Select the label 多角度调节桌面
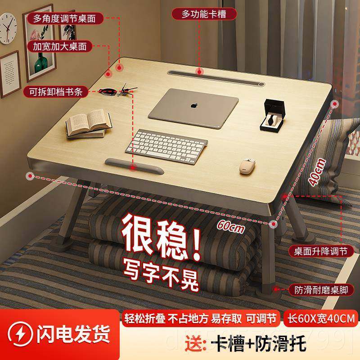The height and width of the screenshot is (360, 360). pyautogui.click(x=65, y=18)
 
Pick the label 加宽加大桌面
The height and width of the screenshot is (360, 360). pyautogui.click(x=60, y=46)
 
